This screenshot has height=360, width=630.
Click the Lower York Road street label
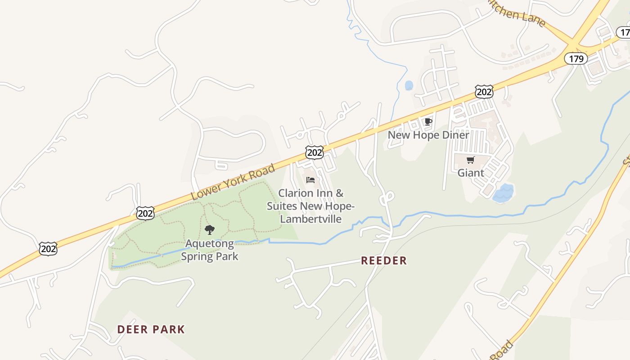[x=233, y=182]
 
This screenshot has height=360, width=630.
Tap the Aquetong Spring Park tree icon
[x=209, y=230]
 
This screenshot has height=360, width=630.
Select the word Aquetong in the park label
[x=210, y=244]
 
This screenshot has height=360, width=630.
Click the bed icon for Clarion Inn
[x=310, y=180]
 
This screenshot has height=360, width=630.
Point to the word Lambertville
[x=310, y=219]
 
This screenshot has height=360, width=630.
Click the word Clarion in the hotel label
[x=296, y=193]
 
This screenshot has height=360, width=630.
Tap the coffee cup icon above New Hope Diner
[x=428, y=122]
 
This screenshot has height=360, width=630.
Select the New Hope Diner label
[x=428, y=135]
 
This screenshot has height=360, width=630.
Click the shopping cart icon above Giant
[x=471, y=160]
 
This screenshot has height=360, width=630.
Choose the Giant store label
[x=471, y=173]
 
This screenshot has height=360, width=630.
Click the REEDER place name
[x=384, y=261]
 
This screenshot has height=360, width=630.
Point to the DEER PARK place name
[x=151, y=329]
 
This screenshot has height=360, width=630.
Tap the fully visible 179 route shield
[x=576, y=58]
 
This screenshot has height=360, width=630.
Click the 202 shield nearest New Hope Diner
[x=484, y=92]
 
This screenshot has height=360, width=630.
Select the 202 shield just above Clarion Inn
[x=314, y=153]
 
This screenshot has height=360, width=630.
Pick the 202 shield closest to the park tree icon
[x=145, y=213]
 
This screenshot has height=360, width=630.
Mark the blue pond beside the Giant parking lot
[x=504, y=193]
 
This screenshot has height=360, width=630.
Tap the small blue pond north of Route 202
[x=409, y=85]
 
